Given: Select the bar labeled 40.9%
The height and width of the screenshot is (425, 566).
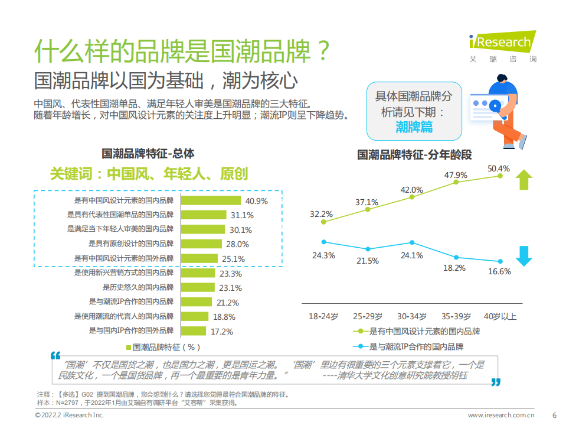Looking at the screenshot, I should pyautogui.click(x=210, y=201).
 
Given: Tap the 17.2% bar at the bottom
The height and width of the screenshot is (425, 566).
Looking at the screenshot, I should pyautogui.click(x=194, y=331).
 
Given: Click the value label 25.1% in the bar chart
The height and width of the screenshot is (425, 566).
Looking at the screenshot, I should pyautogui.click(x=233, y=259).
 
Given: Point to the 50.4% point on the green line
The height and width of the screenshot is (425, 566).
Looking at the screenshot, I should pyautogui.click(x=500, y=176).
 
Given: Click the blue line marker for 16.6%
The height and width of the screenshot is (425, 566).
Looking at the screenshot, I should pyautogui.click(x=500, y=261).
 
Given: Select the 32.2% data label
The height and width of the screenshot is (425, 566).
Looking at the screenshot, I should pyautogui.click(x=322, y=213).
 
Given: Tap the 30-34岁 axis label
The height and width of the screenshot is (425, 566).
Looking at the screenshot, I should pyautogui.click(x=411, y=316).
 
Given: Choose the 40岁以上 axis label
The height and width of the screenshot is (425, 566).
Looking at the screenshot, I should pyautogui.click(x=500, y=316).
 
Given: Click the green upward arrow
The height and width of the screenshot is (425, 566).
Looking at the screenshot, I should pyautogui.click(x=523, y=180).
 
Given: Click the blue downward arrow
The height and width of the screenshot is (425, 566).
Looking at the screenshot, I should pyautogui.click(x=523, y=255).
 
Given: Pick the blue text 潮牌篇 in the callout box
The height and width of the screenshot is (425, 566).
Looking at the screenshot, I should pyautogui.click(x=414, y=126).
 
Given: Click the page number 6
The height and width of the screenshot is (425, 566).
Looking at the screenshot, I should pyautogui.click(x=554, y=415).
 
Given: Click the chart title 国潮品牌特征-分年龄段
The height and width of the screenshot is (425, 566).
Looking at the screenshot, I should pyautogui.click(x=414, y=155).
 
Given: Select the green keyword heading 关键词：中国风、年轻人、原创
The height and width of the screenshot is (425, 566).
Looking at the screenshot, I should pyautogui.click(x=149, y=174).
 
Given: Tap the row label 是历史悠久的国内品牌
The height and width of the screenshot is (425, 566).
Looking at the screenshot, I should pyautogui.click(x=138, y=288).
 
